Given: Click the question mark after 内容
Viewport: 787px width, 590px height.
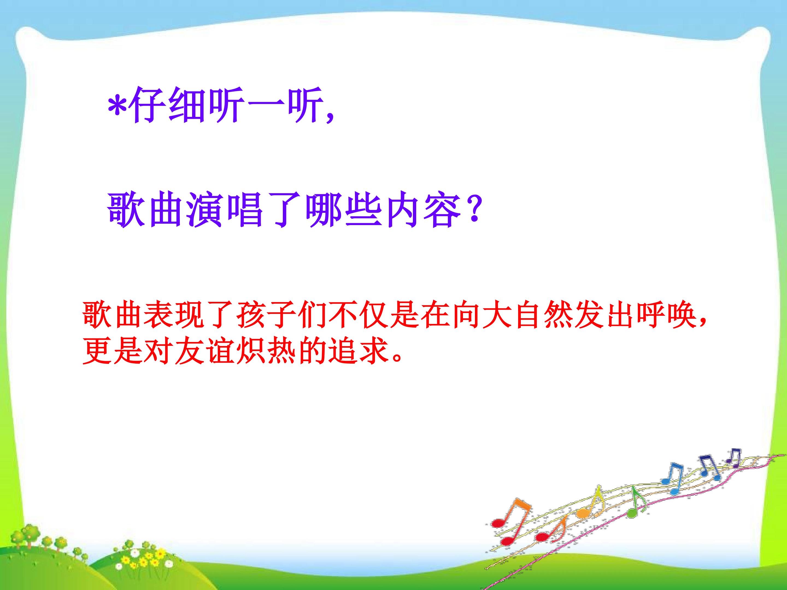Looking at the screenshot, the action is (x=473, y=211).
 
